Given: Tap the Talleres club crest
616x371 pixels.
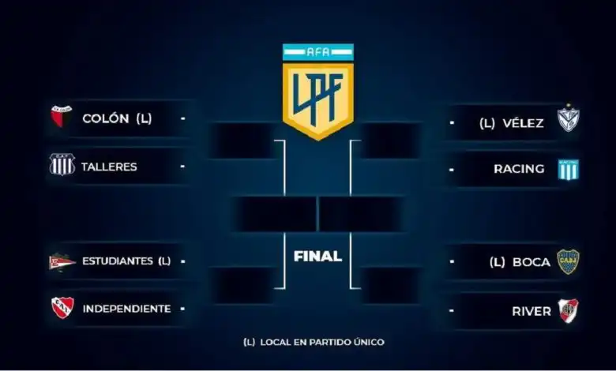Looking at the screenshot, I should pyautogui.click(x=62, y=165).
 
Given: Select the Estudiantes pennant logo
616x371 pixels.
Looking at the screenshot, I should pyautogui.click(x=62, y=261).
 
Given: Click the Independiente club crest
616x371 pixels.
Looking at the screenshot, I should pyautogui.click(x=62, y=308).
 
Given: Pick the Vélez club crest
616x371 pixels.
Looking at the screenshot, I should pyautogui.click(x=569, y=119).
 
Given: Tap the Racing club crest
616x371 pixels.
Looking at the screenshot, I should pyautogui.click(x=569, y=168).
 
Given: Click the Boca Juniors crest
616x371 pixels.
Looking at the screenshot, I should pyautogui.click(x=569, y=261).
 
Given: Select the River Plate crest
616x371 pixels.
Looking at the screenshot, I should pyautogui.click(x=569, y=310).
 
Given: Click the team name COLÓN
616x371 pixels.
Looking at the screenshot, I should pyautogui.click(x=106, y=119).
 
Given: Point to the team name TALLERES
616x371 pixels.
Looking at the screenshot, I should pyautogui.click(x=109, y=167).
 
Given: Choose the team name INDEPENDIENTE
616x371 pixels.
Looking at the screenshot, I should pyautogui.click(x=126, y=309).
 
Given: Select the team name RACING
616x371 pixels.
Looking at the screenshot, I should pyautogui.click(x=519, y=169).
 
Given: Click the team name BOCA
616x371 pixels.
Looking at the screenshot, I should pyautogui.click(x=531, y=262).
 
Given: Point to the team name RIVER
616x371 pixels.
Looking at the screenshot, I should pyautogui.click(x=531, y=311).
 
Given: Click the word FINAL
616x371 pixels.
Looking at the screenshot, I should pyautogui.click(x=317, y=257).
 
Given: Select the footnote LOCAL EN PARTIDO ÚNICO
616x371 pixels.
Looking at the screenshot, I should pyautogui.click(x=320, y=342).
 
